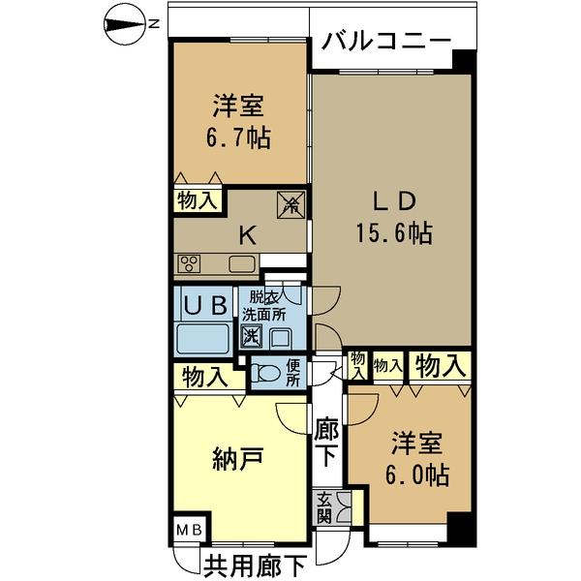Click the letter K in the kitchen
click(x=248, y=234)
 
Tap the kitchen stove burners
click(x=189, y=263)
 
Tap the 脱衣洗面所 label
click(x=264, y=306)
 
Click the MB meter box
click(x=189, y=531)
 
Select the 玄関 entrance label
click(x=324, y=506)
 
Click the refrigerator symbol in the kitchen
click(x=291, y=204)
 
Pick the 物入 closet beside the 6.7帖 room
click(x=198, y=200)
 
